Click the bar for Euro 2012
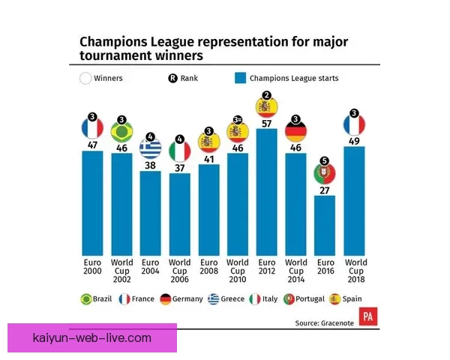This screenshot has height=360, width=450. point(266,192)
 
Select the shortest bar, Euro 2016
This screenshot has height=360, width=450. point(325,226)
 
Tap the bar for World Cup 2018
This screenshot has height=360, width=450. point(354,201)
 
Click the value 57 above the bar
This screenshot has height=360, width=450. point(266,124)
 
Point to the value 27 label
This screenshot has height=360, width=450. point(325,190)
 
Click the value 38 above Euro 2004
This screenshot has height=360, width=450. point(150,166)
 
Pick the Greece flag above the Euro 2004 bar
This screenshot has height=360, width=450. point(151,148)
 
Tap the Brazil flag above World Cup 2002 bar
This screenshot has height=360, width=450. point(121,132)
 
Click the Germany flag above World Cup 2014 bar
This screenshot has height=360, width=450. point(296,131)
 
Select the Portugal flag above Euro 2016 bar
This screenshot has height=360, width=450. point(325,173)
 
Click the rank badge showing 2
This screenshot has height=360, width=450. point(267,95)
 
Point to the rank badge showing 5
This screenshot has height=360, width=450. point(325,160)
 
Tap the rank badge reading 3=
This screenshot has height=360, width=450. point(238,120)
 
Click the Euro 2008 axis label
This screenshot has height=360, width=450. point(209,267)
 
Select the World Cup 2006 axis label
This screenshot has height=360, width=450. point(180,271)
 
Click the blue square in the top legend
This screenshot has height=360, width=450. point(240,78)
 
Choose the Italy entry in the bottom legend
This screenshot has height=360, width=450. point(263,299)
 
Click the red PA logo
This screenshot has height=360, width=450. point(368,316)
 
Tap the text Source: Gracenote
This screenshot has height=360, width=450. point(324,323)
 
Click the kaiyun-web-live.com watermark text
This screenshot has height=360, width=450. point(92,338)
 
